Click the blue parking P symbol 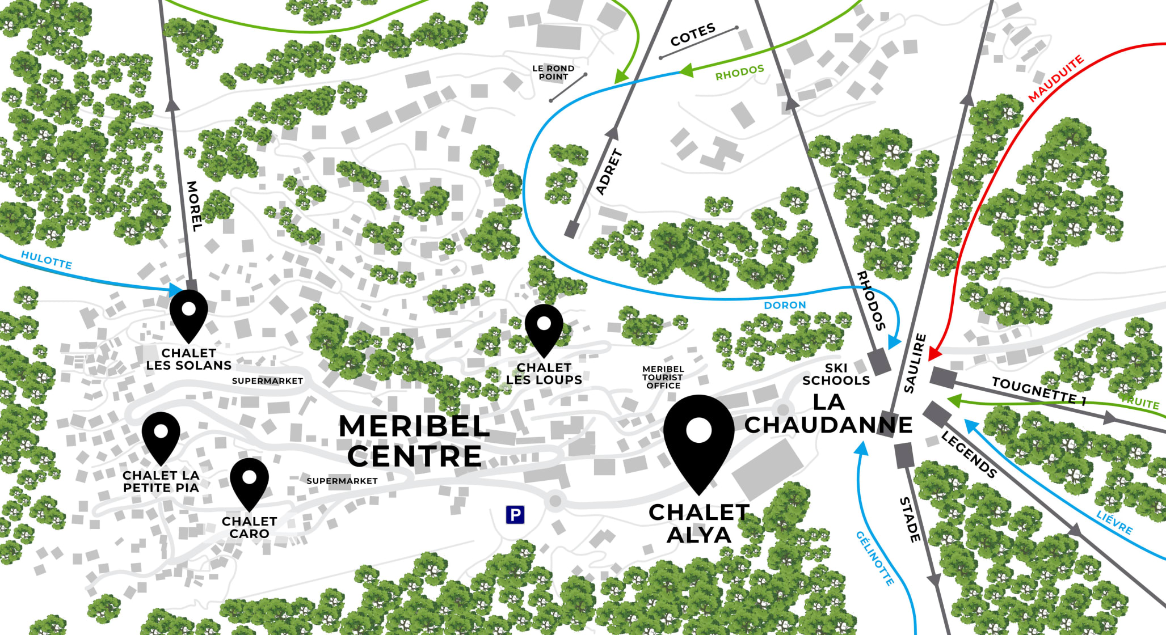point(515,515)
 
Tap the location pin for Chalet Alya point(698,437)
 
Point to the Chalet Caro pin point(249,481)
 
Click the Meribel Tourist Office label point(663,377)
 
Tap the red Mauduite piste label point(1056,79)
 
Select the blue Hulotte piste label point(47,260)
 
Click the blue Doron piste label point(785,305)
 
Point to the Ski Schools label point(836,374)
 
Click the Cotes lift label point(693,35)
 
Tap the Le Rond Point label point(553,73)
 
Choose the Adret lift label point(609,172)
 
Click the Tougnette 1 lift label point(1039,391)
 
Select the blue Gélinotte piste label point(875,558)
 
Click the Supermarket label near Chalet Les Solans point(267,381)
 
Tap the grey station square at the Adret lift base point(572,230)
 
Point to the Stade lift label point(910,519)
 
